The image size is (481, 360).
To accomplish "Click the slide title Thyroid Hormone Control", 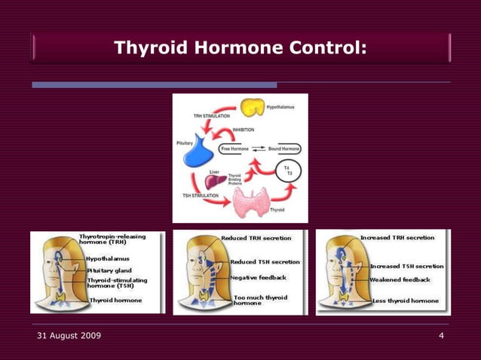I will (240, 48).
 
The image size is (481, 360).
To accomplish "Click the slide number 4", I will (441, 335).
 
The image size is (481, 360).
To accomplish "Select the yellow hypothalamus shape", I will (251, 108).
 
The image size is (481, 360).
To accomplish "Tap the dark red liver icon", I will (216, 181).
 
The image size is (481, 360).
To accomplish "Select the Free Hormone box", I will (235, 149).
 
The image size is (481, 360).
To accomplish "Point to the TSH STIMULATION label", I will (201, 196).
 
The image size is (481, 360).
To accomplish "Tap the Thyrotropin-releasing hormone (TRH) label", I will (112, 239).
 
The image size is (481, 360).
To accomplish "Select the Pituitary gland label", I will (109, 270).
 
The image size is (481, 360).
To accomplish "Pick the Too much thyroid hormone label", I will (260, 300).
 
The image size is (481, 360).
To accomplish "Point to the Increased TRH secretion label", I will (397, 237).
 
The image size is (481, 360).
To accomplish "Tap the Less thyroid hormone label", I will (406, 301).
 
